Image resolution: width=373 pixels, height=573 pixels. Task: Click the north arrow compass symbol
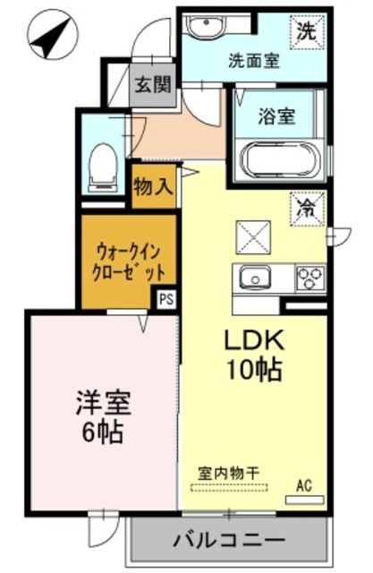54,37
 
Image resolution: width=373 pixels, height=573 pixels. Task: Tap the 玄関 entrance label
153,85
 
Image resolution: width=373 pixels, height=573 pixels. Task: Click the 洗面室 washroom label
254,61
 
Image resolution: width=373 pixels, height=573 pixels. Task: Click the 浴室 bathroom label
276,116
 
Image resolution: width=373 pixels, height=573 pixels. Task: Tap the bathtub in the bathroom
280,159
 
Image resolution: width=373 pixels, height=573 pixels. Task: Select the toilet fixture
103,167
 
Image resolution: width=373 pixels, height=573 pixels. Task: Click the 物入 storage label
153,187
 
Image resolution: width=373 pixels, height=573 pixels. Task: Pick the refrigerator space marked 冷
308,209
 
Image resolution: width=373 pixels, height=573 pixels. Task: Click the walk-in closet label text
129,262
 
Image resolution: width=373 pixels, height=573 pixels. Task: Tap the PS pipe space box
166,299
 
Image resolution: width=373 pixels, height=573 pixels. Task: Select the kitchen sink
255,279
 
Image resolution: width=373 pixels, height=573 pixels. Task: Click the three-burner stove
311,278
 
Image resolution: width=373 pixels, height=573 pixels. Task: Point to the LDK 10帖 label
254,355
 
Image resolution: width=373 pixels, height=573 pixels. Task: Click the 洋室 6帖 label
103,417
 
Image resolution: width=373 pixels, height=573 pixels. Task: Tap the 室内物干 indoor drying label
229,474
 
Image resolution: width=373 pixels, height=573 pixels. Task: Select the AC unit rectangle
305,500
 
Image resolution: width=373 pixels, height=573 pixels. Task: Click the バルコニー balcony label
229,540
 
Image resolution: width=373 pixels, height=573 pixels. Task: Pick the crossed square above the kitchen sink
254,237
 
